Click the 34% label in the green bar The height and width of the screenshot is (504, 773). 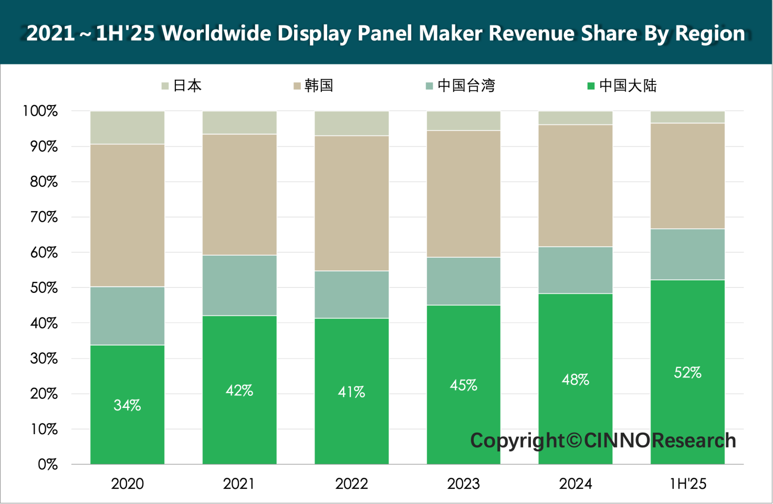(x=127, y=405)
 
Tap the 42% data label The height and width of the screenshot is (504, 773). (x=239, y=391)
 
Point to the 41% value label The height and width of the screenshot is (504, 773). (x=351, y=392)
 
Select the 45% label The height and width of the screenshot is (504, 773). (x=464, y=385)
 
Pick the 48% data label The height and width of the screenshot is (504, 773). (x=576, y=380)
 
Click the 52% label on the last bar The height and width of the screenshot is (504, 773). (x=688, y=373)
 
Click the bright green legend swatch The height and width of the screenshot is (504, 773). (x=591, y=86)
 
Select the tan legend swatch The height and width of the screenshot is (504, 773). (x=297, y=86)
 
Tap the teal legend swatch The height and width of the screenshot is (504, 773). (x=430, y=86)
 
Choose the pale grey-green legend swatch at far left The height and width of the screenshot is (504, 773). (x=165, y=86)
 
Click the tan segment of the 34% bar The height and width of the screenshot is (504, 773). (x=127, y=215)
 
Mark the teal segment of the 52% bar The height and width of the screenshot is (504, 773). (x=688, y=254)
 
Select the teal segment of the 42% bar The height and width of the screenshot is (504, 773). (x=239, y=285)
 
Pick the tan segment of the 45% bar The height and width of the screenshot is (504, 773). (x=464, y=194)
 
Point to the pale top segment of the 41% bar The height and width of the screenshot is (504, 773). (x=351, y=123)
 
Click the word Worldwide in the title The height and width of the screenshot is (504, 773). (x=217, y=33)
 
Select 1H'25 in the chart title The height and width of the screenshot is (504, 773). (x=125, y=33)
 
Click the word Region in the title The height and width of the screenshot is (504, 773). (x=709, y=33)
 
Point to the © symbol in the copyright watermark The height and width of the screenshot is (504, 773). (x=574, y=440)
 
